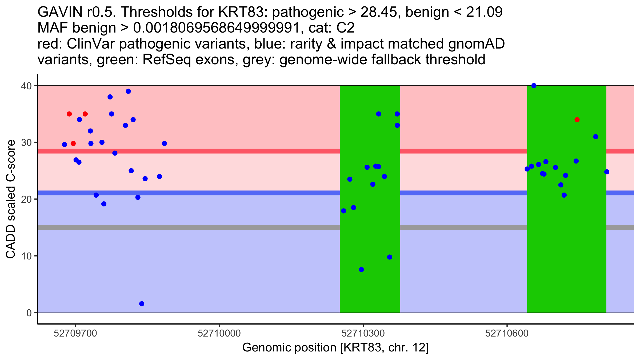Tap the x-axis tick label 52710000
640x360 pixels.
(x=219, y=333)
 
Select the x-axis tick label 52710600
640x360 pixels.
(x=507, y=333)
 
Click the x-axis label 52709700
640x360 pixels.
(x=75, y=333)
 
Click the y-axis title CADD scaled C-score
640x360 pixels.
(x=11, y=199)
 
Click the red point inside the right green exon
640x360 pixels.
(x=577, y=120)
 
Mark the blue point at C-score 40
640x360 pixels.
(x=534, y=86)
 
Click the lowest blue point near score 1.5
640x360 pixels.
(x=142, y=304)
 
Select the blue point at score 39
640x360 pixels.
(x=128, y=91)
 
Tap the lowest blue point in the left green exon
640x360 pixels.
(x=361, y=270)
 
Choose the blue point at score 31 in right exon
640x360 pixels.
(x=596, y=137)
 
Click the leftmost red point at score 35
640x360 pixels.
(x=69, y=114)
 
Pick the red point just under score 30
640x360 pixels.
(x=73, y=143)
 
